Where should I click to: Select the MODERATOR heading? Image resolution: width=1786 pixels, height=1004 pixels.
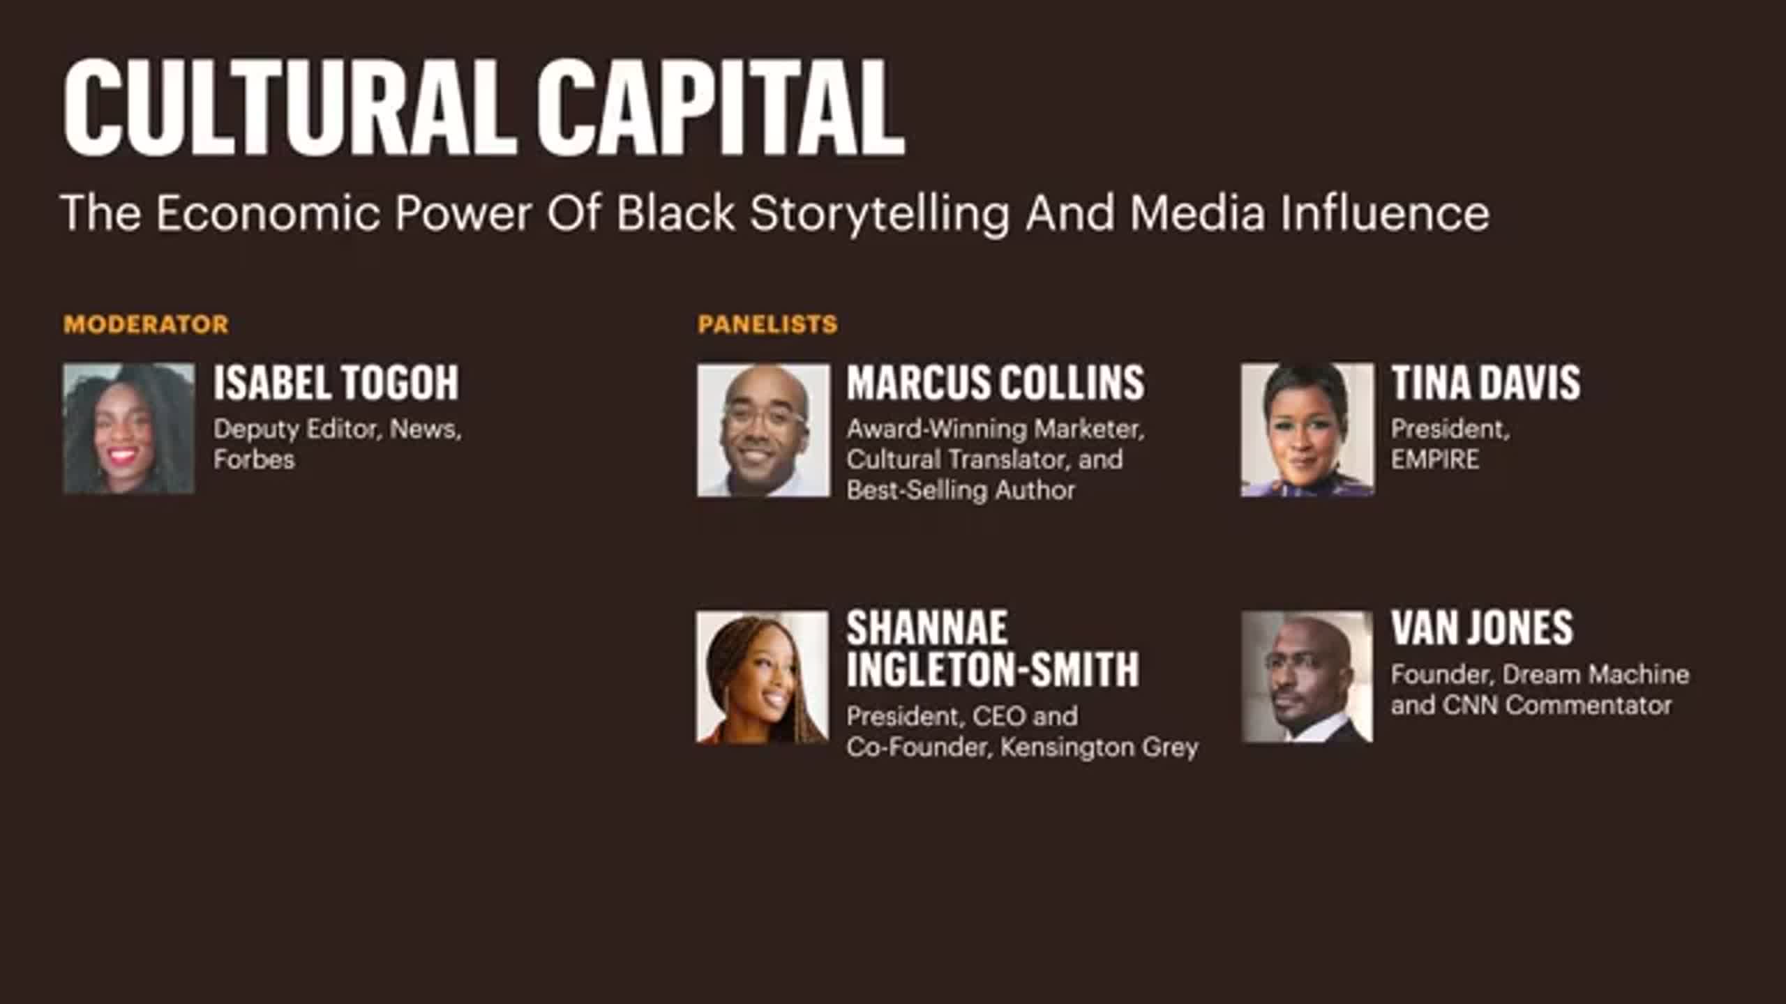pyautogui.click(x=146, y=324)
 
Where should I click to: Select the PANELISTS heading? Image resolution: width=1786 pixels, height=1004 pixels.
pyautogui.click(x=767, y=324)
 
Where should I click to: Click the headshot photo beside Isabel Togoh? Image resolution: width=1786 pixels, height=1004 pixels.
pyautogui.click(x=129, y=429)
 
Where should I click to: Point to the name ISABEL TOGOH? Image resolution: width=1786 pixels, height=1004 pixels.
pyautogui.click(x=336, y=382)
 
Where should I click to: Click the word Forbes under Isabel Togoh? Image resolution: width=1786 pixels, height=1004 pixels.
pyautogui.click(x=254, y=459)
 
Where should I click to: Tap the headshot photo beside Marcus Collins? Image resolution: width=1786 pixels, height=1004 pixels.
pyautogui.click(x=763, y=430)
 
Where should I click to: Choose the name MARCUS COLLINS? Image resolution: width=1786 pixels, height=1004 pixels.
pyautogui.click(x=996, y=382)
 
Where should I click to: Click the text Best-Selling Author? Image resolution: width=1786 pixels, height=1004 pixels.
pyautogui.click(x=961, y=490)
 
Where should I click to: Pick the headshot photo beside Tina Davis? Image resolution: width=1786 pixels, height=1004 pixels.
pyautogui.click(x=1307, y=429)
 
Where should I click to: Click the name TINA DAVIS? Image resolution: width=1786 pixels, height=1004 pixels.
pyautogui.click(x=1486, y=382)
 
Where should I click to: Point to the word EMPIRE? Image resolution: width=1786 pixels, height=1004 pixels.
pyautogui.click(x=1435, y=459)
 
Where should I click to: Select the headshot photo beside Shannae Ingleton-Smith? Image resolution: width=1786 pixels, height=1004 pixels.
pyautogui.click(x=763, y=678)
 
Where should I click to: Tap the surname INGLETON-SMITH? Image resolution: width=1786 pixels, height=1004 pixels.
pyautogui.click(x=993, y=669)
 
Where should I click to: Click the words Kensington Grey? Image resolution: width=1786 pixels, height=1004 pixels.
pyautogui.click(x=1100, y=747)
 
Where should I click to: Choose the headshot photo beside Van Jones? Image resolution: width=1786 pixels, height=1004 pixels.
pyautogui.click(x=1307, y=677)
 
